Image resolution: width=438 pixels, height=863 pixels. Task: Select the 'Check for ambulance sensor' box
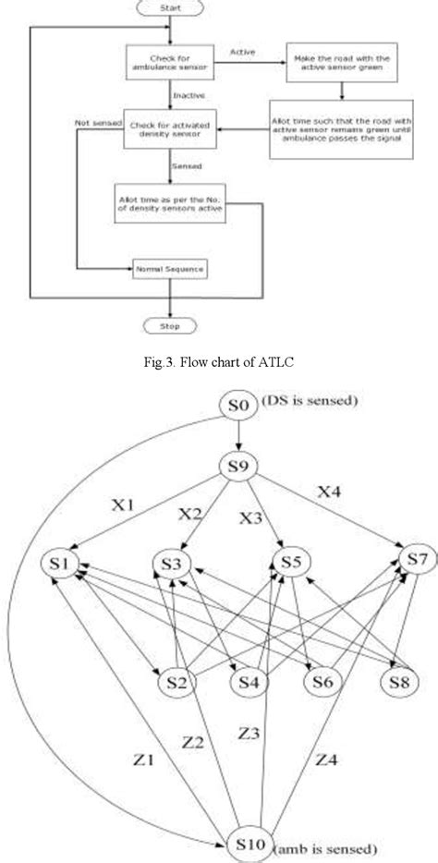point(169,63)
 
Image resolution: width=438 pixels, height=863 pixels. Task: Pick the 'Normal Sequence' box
point(169,269)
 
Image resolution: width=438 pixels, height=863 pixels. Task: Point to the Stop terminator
point(169,327)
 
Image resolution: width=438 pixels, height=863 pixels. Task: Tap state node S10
point(248,843)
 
